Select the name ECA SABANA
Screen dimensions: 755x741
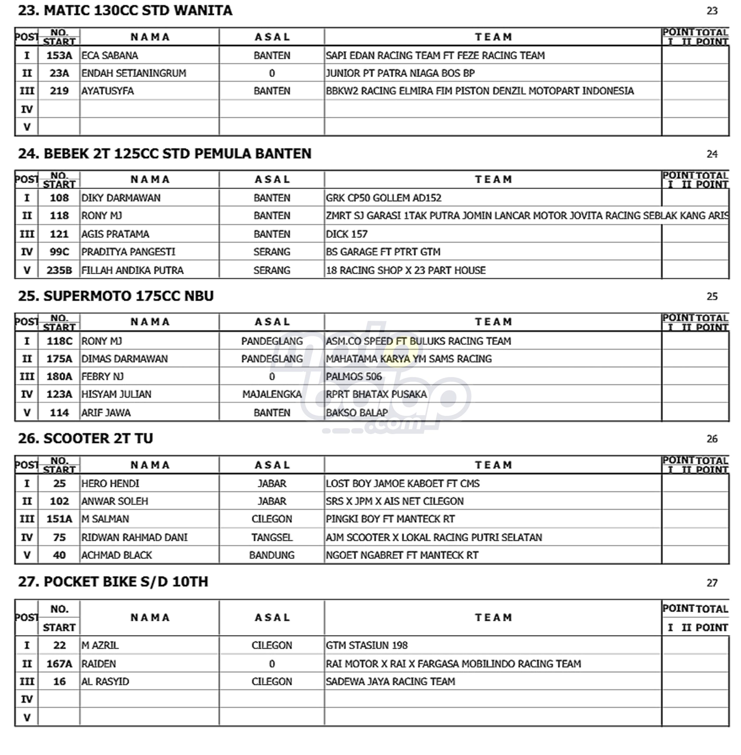[x=110, y=56]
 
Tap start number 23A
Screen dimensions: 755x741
[x=59, y=73]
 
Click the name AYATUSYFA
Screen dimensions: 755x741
[x=107, y=91]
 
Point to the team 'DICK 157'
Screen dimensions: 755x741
[x=346, y=234]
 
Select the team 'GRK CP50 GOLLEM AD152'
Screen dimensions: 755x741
[x=383, y=198]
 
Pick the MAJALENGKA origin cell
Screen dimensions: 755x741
[x=272, y=394]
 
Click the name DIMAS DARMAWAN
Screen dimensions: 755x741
[x=125, y=359]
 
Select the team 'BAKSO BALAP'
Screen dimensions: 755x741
[x=356, y=413]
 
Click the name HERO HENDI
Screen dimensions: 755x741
[x=110, y=483]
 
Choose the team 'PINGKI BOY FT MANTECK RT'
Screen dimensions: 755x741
[x=390, y=519]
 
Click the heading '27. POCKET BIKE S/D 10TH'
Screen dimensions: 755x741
[x=113, y=582]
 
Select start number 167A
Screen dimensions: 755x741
[x=59, y=664]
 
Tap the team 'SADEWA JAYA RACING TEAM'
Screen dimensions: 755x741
[x=390, y=682]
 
